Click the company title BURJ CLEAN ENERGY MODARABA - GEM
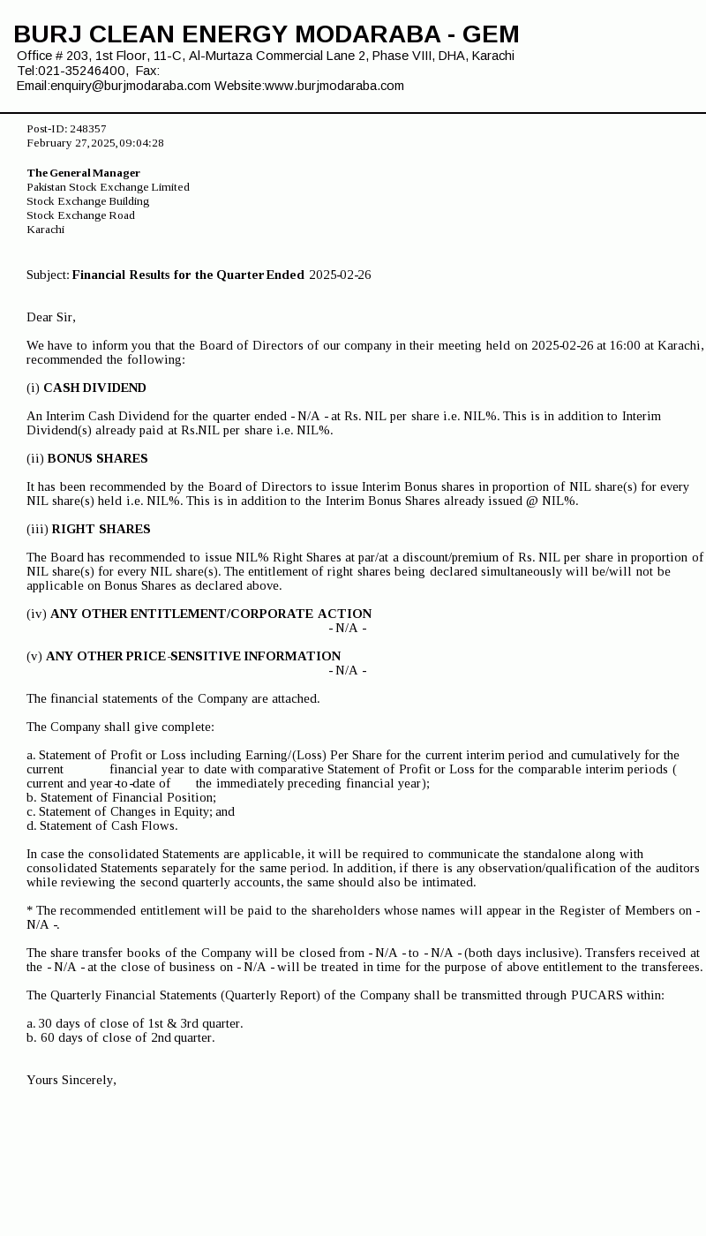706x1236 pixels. pyautogui.click(x=267, y=34)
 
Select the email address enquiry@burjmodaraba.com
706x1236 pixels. pyautogui.click(x=131, y=86)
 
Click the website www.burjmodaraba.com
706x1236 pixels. pyautogui.click(x=334, y=86)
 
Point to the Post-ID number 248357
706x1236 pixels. pyautogui.click(x=88, y=129)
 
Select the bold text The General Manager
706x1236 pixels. pyautogui.click(x=84, y=173)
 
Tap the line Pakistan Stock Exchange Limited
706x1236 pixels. pyautogui.click(x=108, y=187)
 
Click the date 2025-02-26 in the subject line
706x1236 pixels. pyautogui.click(x=340, y=275)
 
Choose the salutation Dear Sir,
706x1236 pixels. pyautogui.click(x=51, y=317)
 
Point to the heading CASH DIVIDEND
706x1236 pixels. pyautogui.click(x=94, y=388)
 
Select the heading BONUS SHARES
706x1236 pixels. pyautogui.click(x=97, y=458)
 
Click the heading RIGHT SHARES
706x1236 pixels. pyautogui.click(x=101, y=529)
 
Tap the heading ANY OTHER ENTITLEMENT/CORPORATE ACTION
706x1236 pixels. pyautogui.click(x=211, y=614)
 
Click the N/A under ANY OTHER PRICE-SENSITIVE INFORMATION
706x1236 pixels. pyautogui.click(x=348, y=670)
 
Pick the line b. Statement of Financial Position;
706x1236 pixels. pyautogui.click(x=121, y=797)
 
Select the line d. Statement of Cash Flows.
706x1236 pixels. pyautogui.click(x=101, y=825)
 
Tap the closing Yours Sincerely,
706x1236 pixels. pyautogui.click(x=71, y=1080)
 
